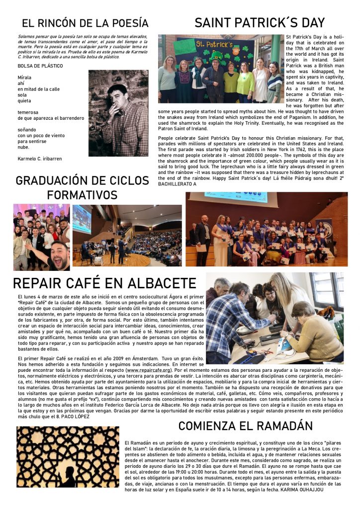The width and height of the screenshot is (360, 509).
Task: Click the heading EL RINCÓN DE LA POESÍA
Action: (x=85, y=23)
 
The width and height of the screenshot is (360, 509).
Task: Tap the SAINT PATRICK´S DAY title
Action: (x=260, y=22)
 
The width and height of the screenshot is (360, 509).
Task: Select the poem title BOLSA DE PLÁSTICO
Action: (x=40, y=66)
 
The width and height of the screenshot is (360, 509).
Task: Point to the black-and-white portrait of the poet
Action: (x=118, y=113)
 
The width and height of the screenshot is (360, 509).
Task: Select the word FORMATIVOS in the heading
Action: (x=82, y=194)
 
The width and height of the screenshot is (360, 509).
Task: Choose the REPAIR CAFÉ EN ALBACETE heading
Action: (x=104, y=283)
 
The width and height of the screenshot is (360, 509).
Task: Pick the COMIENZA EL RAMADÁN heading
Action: (x=246, y=425)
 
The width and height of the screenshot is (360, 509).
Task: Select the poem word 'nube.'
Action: (x=23, y=147)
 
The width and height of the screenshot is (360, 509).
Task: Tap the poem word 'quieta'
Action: (x=24, y=100)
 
